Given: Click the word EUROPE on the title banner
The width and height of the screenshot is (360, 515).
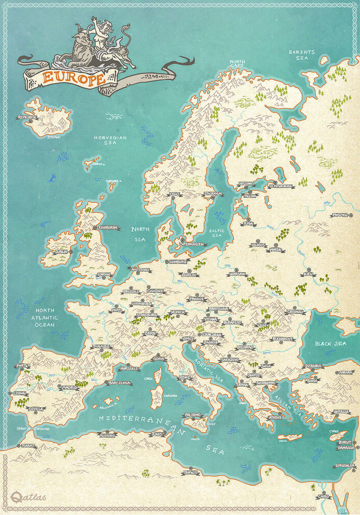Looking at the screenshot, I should (74, 77).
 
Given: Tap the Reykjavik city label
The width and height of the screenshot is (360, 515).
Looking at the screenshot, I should (27, 117).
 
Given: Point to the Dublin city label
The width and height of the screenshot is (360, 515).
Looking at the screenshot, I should (61, 252).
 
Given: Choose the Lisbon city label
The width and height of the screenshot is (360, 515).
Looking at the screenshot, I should (20, 393).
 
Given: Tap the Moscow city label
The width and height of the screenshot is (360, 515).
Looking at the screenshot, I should (340, 215).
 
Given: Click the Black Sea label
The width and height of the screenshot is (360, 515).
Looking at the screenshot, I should (330, 344).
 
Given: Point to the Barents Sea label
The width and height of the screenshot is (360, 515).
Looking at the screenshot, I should (302, 56).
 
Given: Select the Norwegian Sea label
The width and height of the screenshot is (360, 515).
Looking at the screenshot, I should (110, 141).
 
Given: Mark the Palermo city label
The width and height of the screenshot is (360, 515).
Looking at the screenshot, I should (193, 415).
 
